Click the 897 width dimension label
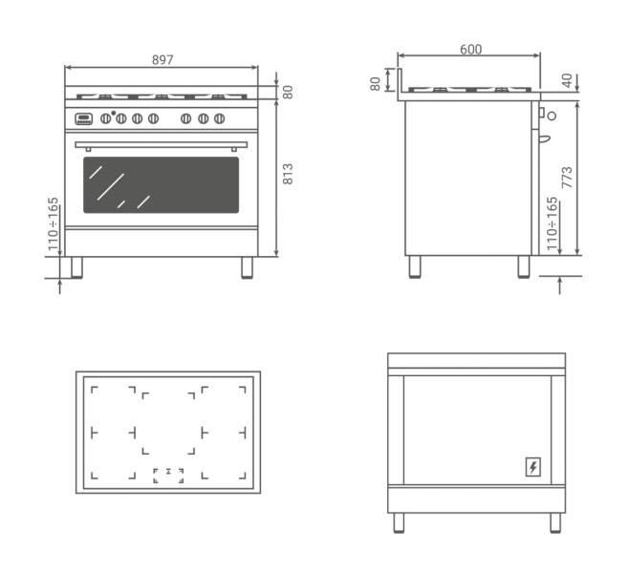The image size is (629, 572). (x=163, y=60)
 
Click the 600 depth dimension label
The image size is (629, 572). (x=470, y=50)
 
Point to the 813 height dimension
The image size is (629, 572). (x=288, y=174)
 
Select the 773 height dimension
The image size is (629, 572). (x=567, y=178)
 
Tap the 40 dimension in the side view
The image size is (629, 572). (x=567, y=80)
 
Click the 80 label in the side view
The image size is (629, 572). (x=375, y=84)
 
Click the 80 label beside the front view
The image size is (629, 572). (x=288, y=92)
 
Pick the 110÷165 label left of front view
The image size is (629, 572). (x=53, y=224)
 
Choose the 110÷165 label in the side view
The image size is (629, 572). (x=552, y=223)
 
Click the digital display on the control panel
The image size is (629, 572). (x=83, y=118)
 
